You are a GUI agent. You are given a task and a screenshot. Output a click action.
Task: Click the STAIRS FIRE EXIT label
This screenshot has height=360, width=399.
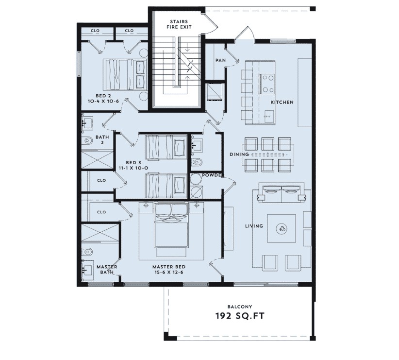point(179,24)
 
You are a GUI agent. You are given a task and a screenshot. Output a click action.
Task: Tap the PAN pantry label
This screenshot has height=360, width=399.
point(220,60)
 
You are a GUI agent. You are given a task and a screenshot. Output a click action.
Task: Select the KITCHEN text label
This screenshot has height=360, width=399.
point(282,102)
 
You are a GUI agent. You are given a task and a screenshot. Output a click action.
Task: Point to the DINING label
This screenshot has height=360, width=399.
point(239,154)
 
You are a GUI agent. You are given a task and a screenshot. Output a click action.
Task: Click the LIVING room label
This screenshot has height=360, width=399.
point(254,226)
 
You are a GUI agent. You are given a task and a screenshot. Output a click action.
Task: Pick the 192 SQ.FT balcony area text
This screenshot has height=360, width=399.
point(240,316)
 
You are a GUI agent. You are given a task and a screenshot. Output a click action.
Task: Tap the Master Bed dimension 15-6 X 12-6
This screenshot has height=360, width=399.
point(169,273)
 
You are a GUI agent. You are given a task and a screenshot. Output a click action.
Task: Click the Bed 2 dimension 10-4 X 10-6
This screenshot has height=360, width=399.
point(103,101)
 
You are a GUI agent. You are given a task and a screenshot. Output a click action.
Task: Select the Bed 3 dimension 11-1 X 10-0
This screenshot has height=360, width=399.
point(133,168)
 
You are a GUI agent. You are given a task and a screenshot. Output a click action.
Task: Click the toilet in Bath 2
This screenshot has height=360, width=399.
point(88,140)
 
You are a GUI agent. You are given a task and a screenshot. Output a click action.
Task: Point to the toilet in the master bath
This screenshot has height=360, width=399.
point(87,252)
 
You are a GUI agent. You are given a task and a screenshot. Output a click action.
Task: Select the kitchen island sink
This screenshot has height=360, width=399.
point(268,117)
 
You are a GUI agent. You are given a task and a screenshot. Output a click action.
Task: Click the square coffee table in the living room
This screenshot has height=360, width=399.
point(282,228)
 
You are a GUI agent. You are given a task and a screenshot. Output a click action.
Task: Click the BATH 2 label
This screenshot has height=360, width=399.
point(102,139)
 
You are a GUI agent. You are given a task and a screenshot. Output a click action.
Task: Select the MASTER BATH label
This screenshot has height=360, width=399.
point(107,270)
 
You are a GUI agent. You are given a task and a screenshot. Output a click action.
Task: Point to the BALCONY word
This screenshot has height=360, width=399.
point(240,307)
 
